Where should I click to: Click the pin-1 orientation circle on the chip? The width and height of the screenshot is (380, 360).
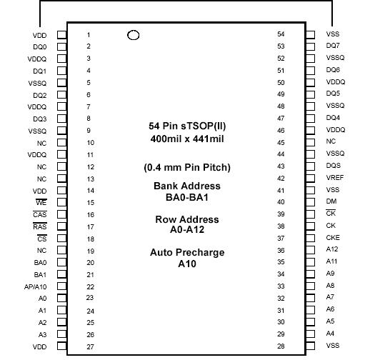coord(132,35)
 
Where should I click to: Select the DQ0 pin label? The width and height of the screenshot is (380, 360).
coord(40,47)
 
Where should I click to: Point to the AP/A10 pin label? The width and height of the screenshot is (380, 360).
coord(35,287)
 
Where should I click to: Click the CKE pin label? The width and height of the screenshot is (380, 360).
coord(334,238)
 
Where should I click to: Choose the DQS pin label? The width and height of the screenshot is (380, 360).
coord(333,166)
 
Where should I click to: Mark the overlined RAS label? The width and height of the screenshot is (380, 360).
coord(40,227)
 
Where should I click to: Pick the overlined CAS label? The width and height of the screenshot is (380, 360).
coord(40,215)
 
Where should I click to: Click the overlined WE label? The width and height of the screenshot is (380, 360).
coord(41,203)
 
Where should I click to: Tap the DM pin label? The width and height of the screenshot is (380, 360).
coord(331,202)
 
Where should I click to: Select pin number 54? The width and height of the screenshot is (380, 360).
coord(281,34)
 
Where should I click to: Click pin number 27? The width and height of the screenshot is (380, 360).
coord(89,347)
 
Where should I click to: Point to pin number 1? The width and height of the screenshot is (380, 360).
coord(89,34)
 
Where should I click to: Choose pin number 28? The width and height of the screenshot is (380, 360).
coord(281,346)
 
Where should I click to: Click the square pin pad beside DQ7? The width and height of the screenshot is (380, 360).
coord(311,46)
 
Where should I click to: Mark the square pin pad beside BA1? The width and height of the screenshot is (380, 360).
coord(62,274)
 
